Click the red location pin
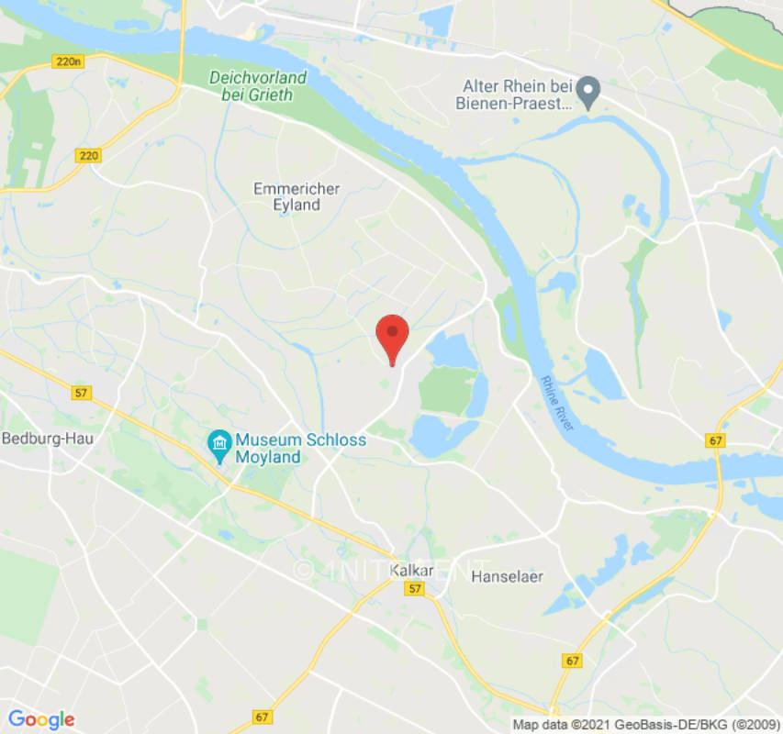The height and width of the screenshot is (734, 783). pyautogui.click(x=393, y=335)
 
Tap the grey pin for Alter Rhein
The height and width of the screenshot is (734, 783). pyautogui.click(x=587, y=90)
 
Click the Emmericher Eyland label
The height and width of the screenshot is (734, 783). pyautogui.click(x=296, y=196)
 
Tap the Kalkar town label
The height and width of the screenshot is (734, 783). pyautogui.click(x=411, y=571)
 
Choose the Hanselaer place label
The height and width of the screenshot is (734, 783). pyautogui.click(x=507, y=577)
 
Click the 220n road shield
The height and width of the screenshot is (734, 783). pyautogui.click(x=68, y=62)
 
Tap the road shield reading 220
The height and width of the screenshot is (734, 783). pyautogui.click(x=88, y=156)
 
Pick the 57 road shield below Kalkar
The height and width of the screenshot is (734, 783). pyautogui.click(x=416, y=590)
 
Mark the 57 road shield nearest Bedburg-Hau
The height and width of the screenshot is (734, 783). pyautogui.click(x=83, y=393)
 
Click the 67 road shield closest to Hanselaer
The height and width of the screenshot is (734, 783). pyautogui.click(x=573, y=661)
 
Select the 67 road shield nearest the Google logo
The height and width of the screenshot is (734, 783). pyautogui.click(x=263, y=717)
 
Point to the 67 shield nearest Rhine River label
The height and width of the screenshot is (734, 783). pyautogui.click(x=716, y=441)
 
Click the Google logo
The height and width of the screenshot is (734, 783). pyautogui.click(x=40, y=719)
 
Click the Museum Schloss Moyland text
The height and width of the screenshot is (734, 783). pyautogui.click(x=300, y=449)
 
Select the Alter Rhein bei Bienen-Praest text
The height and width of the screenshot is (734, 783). pyautogui.click(x=514, y=95)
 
